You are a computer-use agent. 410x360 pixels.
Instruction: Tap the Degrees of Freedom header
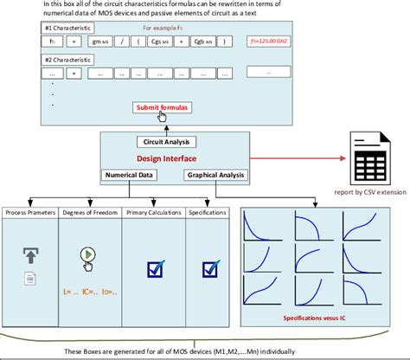pos(90,212)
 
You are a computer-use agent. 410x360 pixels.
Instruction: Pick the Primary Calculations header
pos(152,212)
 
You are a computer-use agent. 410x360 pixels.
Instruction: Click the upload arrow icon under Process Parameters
pos(29,254)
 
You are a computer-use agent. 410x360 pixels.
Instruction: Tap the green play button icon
pos(89,254)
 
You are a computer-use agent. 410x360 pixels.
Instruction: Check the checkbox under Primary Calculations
pos(156,269)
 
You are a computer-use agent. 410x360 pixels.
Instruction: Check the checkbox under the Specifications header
pos(208,269)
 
